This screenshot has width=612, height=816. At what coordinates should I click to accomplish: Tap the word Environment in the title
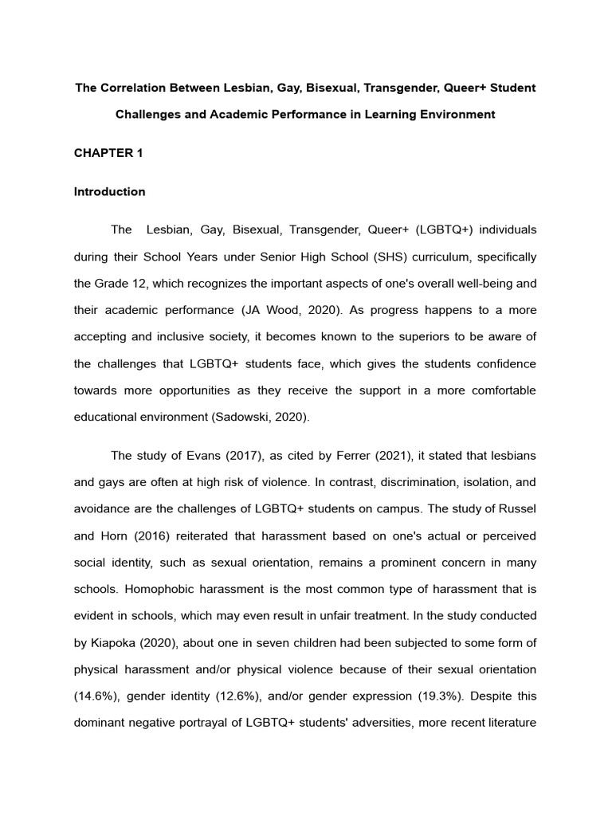click(x=458, y=114)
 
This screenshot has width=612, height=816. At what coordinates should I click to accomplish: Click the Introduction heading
click(x=109, y=191)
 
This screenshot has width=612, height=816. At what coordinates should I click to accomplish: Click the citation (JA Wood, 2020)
click(x=317, y=309)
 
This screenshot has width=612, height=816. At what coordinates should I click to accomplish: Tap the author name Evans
click(x=187, y=455)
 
